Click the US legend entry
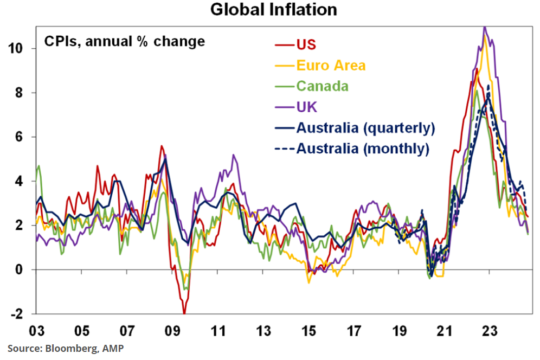click(x=306, y=44)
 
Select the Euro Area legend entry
click(x=331, y=66)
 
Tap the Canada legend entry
click(x=322, y=86)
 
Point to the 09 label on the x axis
click(x=172, y=330)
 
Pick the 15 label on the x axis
click(x=308, y=330)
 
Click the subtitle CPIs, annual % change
click(x=124, y=41)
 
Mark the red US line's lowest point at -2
click(x=184, y=313)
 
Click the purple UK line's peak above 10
click(x=485, y=27)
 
